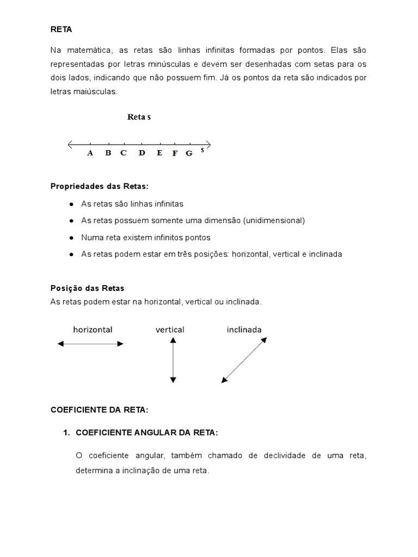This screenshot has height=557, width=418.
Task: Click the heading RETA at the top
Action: pyautogui.click(x=61, y=29)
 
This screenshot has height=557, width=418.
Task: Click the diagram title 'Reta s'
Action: pyautogui.click(x=139, y=117)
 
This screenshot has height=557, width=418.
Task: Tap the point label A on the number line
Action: pyautogui.click(x=90, y=153)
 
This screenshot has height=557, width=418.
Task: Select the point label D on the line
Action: pyautogui.click(x=142, y=153)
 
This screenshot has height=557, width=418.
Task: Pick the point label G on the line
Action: pyautogui.click(x=189, y=153)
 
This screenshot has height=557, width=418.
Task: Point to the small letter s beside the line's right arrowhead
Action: pyautogui.click(x=202, y=150)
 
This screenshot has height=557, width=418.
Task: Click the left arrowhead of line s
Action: pyautogui.click(x=70, y=144)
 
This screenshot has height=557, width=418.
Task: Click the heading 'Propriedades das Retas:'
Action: pyautogui.click(x=99, y=186)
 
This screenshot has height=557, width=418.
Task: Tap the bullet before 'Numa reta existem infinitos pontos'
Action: pyautogui.click(x=72, y=238)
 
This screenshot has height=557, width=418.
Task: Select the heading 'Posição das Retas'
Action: pyautogui.click(x=87, y=288)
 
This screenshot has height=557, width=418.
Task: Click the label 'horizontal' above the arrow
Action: pyautogui.click(x=93, y=330)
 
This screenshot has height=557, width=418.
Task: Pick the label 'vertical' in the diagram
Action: pyautogui.click(x=170, y=330)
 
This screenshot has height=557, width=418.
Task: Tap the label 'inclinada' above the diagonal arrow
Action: pyautogui.click(x=244, y=330)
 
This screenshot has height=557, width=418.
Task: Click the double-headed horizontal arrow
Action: pyautogui.click(x=90, y=344)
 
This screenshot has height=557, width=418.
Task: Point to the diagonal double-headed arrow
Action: pyautogui.click(x=244, y=359)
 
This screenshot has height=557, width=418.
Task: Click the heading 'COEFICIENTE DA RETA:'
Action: pyautogui.click(x=99, y=410)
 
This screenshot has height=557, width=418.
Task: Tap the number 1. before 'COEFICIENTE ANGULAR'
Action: pyautogui.click(x=67, y=432)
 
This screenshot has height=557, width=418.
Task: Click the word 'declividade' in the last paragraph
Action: pyautogui.click(x=286, y=455)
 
